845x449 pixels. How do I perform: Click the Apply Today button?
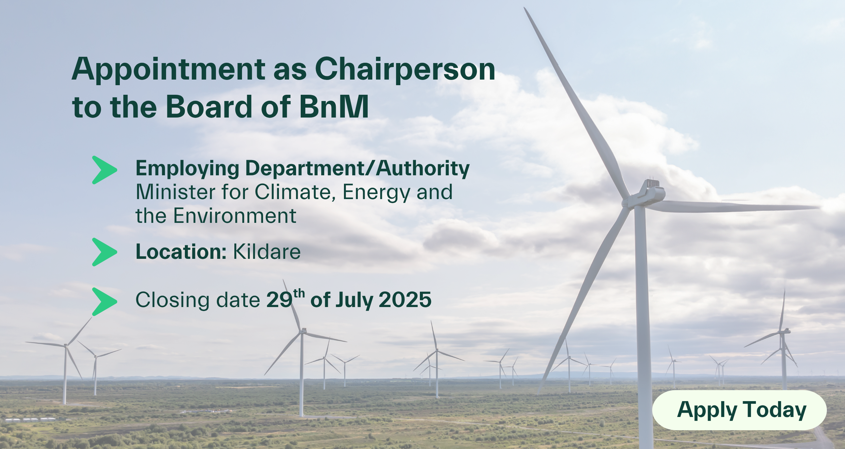coord(739,410)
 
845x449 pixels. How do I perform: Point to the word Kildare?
coord(267,252)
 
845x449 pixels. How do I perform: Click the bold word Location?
coord(181,252)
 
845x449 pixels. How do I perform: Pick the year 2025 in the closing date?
coord(405,300)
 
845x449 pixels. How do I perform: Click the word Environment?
coord(235,216)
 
